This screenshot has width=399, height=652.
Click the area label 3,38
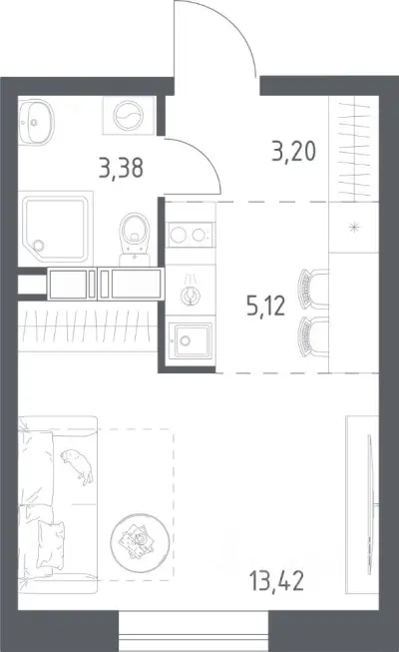tap(122, 168)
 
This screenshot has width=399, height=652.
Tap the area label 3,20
tap(294, 152)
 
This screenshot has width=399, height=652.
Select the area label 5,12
tap(265, 307)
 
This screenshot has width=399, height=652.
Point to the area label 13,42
tap(277, 580)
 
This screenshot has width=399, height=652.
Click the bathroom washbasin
tap(37, 122)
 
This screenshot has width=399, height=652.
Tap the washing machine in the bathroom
tap(130, 115)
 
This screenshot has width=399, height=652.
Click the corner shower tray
tap(55, 229)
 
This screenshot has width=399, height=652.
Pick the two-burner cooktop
tap(191, 235)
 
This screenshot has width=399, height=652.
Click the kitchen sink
tap(192, 340)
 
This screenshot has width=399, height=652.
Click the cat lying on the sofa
tap(78, 465)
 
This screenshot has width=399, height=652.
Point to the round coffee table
tap(140, 542)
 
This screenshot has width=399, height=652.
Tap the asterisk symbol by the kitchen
tap(354, 227)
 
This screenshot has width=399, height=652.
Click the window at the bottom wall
tap(194, 631)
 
